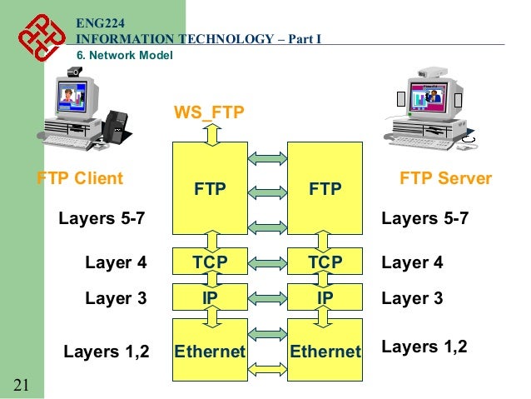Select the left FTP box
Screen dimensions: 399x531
point(210,190)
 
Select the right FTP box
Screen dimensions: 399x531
point(325,190)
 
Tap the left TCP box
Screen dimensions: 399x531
point(210,263)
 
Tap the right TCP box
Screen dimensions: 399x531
point(325,263)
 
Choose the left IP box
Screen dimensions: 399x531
point(210,297)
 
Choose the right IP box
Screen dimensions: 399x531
point(325,297)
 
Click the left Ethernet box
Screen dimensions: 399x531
point(210,351)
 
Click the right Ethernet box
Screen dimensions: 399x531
point(325,351)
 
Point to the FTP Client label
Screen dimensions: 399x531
point(80,178)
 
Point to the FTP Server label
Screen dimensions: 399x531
point(446,178)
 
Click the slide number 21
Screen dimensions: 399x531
point(22,384)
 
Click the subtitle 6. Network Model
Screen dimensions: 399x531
point(125,56)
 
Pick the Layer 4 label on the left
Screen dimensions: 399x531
point(116,263)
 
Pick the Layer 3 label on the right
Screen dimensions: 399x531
point(412,297)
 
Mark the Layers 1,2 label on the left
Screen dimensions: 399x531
point(106,351)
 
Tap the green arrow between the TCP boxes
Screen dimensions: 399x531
point(267,263)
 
